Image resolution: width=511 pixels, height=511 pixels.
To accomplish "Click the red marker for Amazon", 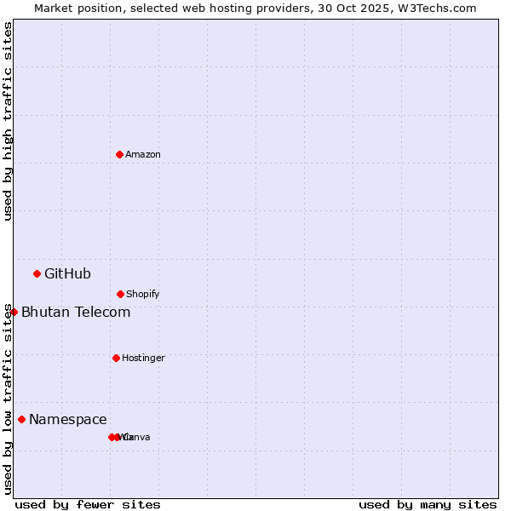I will pos(119,154).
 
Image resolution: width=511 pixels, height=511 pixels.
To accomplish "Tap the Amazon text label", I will pos(143,155).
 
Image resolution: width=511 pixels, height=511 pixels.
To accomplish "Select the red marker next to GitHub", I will pos(37,273).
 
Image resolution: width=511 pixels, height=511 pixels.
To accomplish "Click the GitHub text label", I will pos(67,274).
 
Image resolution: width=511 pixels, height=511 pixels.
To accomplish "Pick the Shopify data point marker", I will pos(120,294).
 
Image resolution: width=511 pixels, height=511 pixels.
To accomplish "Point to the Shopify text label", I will pos(143,295).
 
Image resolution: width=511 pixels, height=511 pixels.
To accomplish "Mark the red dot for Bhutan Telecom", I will pos(14,312).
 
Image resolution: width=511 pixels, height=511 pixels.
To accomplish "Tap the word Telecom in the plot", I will pos(102,313).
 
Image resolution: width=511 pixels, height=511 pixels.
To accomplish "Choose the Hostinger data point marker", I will pos(116,358).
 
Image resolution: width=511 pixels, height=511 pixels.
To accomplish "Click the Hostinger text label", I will pos(143,359).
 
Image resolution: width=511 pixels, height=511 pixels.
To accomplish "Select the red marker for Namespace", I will pos(21,419).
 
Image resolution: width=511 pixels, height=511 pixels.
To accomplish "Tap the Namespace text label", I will pos(68,420).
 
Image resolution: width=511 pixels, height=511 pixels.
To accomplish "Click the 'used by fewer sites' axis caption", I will pos(88,504).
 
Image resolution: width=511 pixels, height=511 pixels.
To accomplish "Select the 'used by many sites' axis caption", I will pos(428,504).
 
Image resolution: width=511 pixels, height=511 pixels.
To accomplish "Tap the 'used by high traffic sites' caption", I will pos(9,121).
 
